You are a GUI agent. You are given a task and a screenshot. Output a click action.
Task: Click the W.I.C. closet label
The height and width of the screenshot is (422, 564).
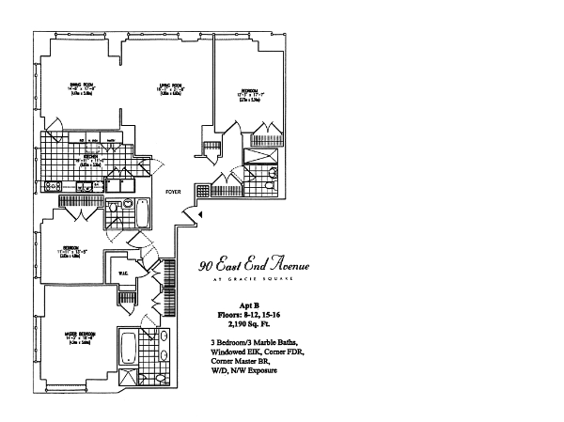124,274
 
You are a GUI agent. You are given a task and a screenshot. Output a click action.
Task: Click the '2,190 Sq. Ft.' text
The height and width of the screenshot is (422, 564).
248,325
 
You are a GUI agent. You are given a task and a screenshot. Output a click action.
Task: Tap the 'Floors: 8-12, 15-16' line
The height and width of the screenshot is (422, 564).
247,316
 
